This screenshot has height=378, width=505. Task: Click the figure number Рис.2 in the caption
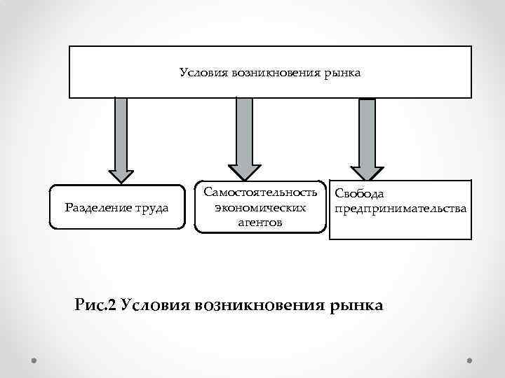(94, 304)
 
